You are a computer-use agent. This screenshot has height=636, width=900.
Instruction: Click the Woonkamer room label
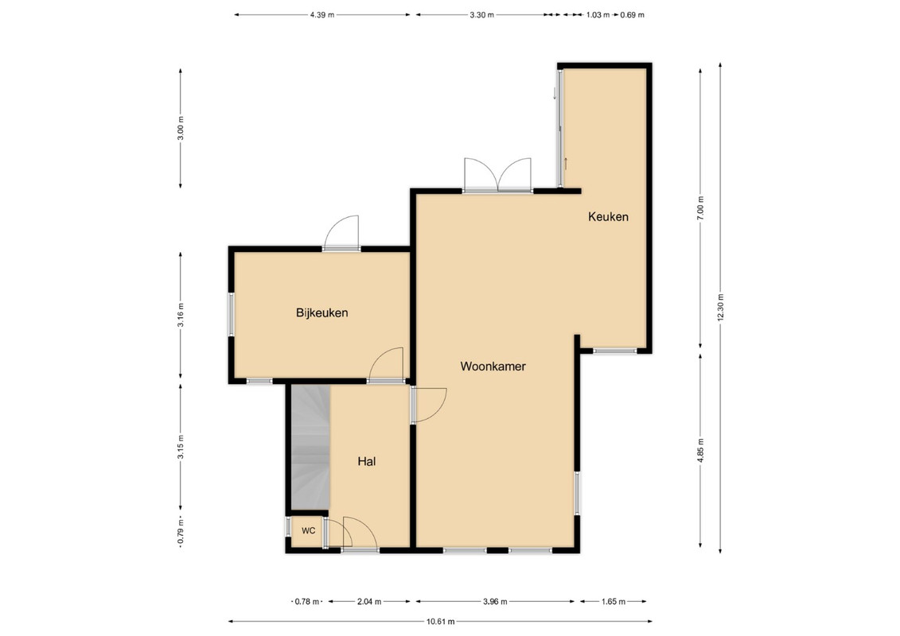pos(493,366)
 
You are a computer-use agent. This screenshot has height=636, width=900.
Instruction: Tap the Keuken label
pos(608,217)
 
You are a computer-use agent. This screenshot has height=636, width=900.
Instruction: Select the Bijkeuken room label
pos(322,312)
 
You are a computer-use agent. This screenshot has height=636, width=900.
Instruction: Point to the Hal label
pos(367,461)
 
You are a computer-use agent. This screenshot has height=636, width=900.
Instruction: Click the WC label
pos(308,530)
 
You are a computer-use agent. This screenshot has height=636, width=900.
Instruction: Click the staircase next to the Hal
pos(310,448)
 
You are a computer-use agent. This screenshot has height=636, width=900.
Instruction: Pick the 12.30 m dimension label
pos(721,308)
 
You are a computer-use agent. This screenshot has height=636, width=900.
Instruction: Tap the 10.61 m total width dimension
pos(441,621)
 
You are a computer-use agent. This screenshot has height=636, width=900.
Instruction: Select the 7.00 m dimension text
pos(700,207)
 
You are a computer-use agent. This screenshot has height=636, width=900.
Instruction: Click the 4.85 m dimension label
pos(700,450)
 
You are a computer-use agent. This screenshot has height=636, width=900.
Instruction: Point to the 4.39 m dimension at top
pos(322,15)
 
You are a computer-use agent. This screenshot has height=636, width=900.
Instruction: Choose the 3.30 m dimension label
pos(481,15)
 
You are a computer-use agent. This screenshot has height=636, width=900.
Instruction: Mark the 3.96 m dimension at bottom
pos(495,602)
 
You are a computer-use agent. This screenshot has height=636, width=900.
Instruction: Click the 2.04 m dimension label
pos(369,602)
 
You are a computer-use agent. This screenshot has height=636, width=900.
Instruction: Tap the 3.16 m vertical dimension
pos(181,315)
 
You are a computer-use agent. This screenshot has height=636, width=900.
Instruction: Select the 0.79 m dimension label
pos(181,532)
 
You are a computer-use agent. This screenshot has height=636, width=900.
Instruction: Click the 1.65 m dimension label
pos(613,602)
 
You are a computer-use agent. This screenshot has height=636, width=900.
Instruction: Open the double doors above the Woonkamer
pos(498,175)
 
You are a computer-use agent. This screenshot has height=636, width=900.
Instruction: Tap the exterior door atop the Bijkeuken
pos(341,233)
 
